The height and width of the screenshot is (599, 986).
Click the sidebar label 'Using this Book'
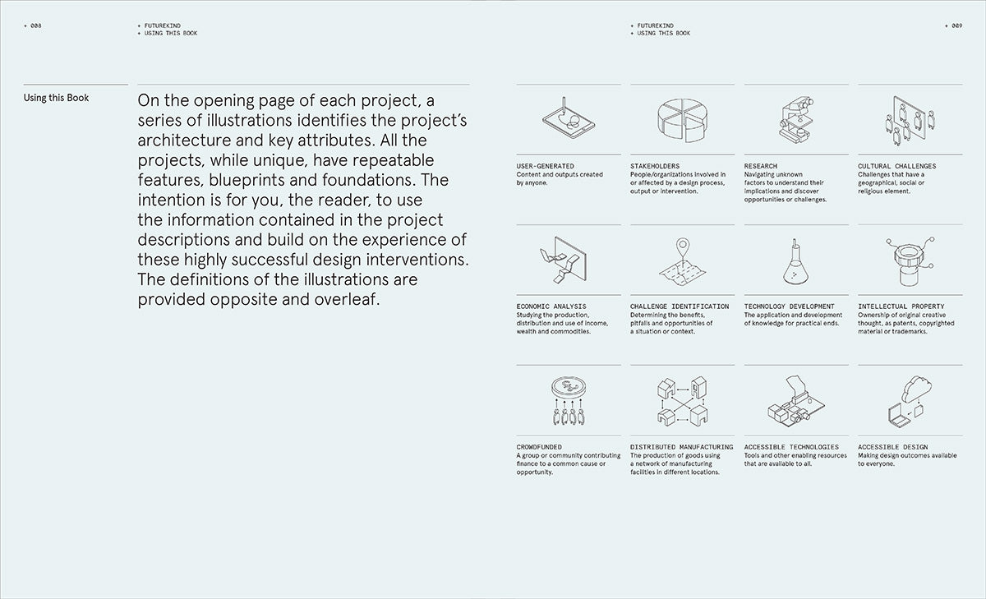[57, 98]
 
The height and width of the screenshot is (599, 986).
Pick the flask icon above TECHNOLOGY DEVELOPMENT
[795, 261]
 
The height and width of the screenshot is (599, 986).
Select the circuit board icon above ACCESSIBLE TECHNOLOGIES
[795, 403]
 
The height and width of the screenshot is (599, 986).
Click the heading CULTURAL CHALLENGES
[896, 166]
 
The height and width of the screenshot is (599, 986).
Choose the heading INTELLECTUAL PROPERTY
[901, 306]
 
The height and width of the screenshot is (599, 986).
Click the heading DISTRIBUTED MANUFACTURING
[682, 448]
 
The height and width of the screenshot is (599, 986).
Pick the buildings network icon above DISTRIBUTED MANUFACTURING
[682, 403]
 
